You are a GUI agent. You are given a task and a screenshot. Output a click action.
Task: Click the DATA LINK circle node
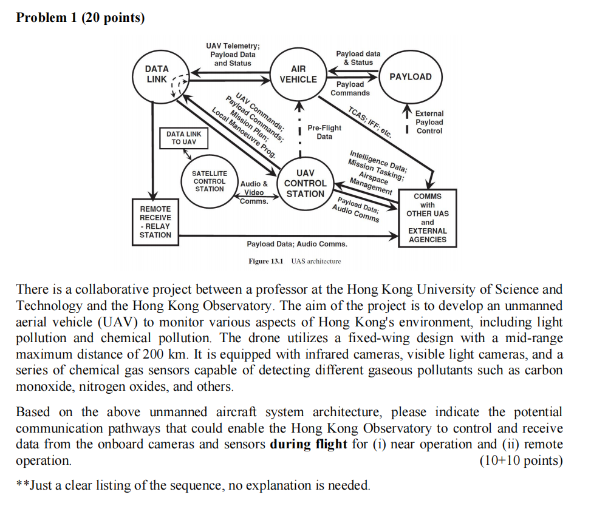[157, 75]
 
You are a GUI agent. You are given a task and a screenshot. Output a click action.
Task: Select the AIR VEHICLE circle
[298, 75]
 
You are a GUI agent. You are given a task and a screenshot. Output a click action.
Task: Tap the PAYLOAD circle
[410, 77]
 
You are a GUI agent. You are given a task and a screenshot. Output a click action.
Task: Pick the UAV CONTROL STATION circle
[305, 183]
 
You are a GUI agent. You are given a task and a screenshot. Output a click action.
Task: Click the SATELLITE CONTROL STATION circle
[210, 181]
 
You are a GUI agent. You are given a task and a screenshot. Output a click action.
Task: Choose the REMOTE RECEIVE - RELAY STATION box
[155, 222]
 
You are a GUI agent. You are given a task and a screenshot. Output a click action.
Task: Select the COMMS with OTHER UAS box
[428, 218]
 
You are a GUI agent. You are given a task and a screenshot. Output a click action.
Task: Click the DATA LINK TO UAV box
[183, 138]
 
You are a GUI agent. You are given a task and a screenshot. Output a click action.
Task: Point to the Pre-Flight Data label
[324, 132]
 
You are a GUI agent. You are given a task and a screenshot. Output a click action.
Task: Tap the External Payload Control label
[429, 122]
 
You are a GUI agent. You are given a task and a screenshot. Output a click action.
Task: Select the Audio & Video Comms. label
[254, 192]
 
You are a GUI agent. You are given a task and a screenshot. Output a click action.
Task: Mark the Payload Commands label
[350, 89]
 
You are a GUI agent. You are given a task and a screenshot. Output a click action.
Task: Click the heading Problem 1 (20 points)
[81, 18]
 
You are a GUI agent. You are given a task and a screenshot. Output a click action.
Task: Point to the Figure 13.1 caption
[295, 261]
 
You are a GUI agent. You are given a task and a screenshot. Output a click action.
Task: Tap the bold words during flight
[309, 444]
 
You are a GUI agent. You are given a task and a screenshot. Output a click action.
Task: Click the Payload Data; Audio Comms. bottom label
[297, 244]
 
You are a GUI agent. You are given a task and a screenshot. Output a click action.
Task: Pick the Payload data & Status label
[358, 58]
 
